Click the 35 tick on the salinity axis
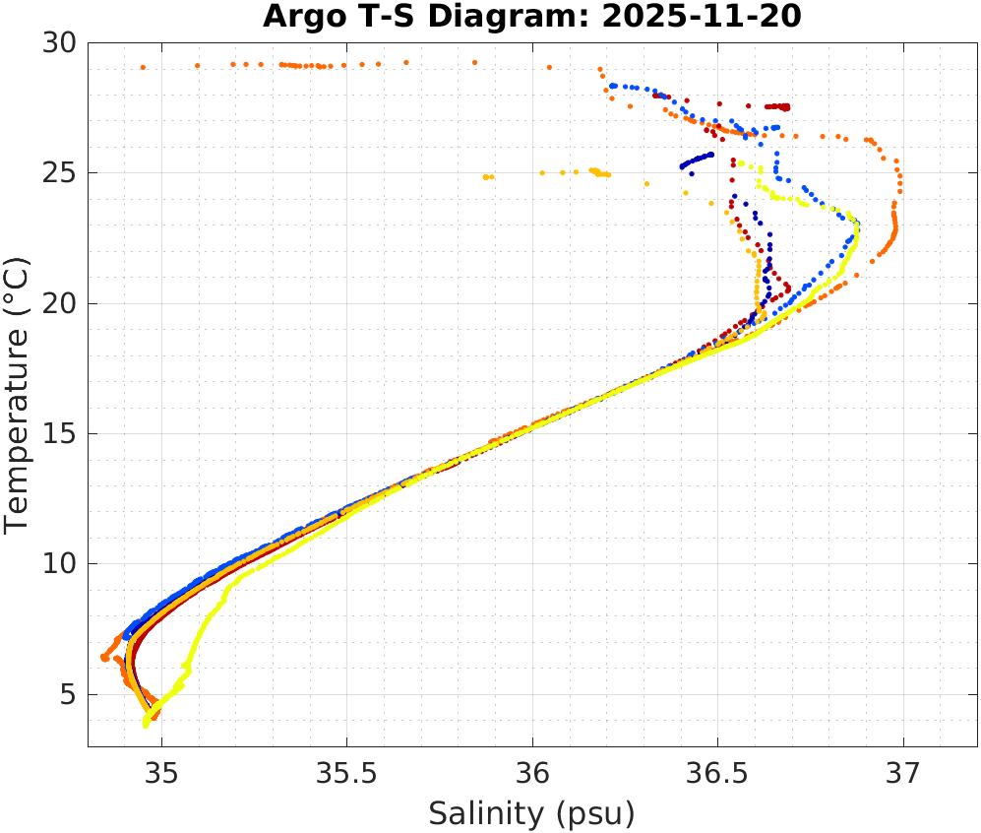[x=161, y=772]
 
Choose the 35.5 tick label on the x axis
[x=346, y=772]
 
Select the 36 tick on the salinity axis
[x=532, y=772]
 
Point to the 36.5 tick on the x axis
[x=717, y=772]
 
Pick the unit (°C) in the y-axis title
[x=19, y=286]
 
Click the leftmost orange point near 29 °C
[x=143, y=67]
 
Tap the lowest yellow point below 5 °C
[x=146, y=725]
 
